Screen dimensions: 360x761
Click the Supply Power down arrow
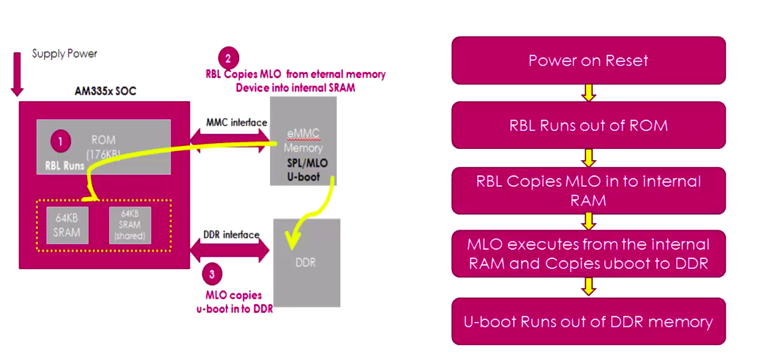coord(17,74)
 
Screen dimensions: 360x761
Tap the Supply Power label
coord(64,54)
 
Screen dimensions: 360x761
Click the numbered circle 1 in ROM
coord(61,141)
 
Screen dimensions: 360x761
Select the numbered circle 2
coord(228,58)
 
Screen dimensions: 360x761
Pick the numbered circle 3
coord(212,274)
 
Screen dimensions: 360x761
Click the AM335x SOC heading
coord(105,91)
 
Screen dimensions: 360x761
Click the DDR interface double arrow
coord(229,251)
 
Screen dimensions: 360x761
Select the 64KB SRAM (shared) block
coord(129,225)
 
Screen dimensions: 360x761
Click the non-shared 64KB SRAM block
coord(67,225)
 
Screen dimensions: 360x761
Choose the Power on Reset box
coord(588,61)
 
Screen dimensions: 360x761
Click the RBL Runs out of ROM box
coord(588,125)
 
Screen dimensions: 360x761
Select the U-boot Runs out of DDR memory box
coord(588,322)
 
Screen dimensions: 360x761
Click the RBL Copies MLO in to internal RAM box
coord(588,191)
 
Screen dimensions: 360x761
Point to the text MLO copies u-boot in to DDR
coord(234,302)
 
